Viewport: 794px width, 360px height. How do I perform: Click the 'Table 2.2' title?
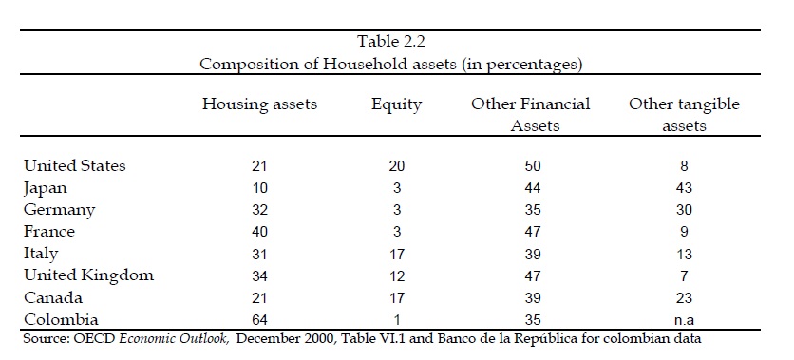tap(391, 41)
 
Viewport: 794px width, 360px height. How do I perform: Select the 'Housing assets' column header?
tap(260, 104)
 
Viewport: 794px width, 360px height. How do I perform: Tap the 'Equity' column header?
tap(396, 104)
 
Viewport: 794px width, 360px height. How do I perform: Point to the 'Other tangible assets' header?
tap(684, 114)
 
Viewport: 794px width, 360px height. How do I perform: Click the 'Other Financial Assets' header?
tap(531, 114)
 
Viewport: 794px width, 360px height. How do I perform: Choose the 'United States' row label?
tap(74, 165)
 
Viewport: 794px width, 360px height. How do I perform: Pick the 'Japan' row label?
tap(45, 188)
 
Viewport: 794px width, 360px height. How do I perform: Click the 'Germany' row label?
tap(59, 210)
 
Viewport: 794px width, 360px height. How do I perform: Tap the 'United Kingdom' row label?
tap(88, 275)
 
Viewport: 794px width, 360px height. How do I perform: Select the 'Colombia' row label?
tap(61, 319)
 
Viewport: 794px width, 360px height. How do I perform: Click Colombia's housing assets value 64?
tap(259, 320)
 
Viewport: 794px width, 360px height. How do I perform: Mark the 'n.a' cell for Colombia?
tap(684, 320)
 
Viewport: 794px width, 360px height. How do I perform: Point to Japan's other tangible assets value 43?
tap(684, 188)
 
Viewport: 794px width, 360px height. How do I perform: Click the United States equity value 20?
tap(396, 166)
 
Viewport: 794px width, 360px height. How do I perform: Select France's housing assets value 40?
tap(259, 232)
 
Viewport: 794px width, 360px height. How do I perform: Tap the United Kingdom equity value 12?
tap(396, 276)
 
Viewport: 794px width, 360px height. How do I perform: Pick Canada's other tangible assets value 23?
tap(684, 297)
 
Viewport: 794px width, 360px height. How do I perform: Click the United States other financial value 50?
tap(532, 166)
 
